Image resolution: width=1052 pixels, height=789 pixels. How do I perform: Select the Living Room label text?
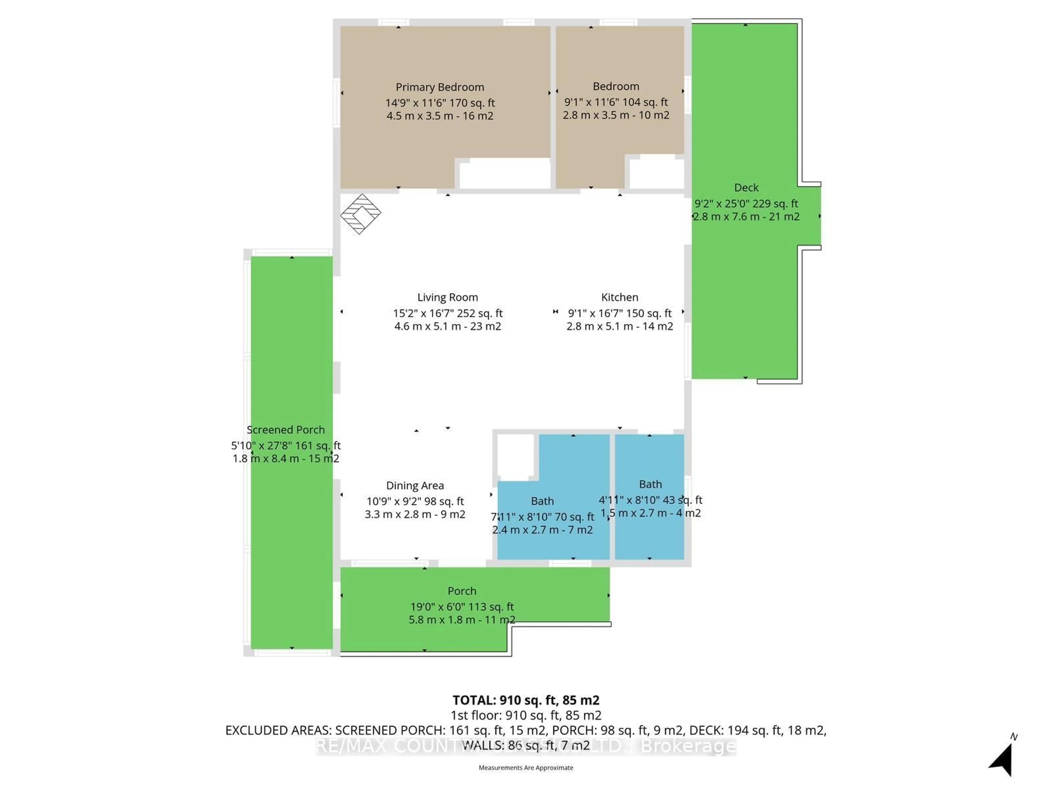[448, 297]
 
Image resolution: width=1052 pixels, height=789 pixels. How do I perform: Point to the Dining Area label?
[415, 485]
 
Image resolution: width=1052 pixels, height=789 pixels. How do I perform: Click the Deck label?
[746, 187]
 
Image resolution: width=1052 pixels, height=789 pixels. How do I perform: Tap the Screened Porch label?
[285, 430]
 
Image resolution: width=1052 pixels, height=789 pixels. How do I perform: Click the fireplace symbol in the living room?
[361, 214]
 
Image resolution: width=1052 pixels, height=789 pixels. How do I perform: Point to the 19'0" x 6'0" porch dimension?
[462, 607]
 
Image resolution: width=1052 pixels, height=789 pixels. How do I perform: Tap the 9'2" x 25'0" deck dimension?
[746, 204]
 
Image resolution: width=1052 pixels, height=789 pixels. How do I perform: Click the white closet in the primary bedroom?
[504, 174]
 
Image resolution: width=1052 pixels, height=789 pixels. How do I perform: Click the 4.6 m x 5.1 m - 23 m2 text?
[448, 326]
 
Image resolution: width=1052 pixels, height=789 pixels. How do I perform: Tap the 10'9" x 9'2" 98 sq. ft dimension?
[415, 501]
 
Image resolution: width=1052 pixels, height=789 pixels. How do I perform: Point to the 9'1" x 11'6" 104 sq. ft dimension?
[616, 102]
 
